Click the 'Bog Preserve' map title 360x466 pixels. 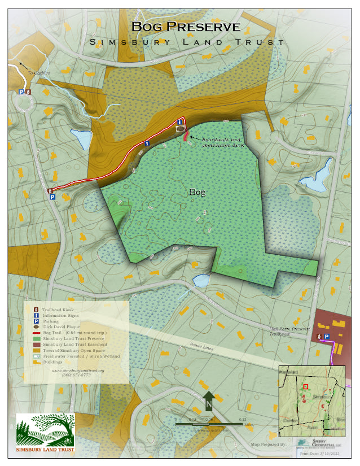click(x=186, y=27)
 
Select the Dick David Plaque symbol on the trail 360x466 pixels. click(x=179, y=129)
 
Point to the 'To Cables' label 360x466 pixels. click(x=39, y=73)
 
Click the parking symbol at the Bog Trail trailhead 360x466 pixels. click(x=52, y=197)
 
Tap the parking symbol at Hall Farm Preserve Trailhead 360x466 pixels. click(x=326, y=336)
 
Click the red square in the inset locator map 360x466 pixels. click(x=306, y=387)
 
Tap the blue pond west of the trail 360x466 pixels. click(x=82, y=138)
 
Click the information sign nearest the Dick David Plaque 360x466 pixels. click(x=179, y=121)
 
